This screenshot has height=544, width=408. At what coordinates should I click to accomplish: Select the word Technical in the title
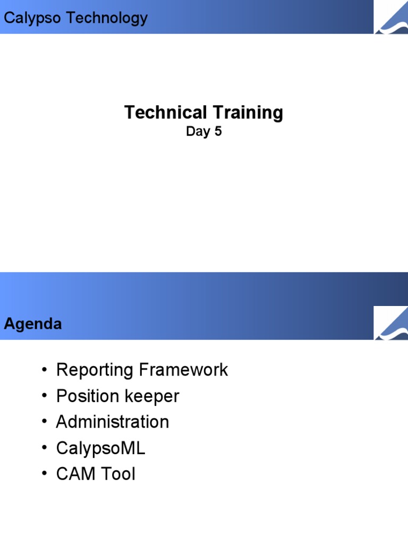166,113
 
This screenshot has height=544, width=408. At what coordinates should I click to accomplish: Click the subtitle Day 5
203,132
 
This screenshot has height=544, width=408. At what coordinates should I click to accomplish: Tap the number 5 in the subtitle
218,132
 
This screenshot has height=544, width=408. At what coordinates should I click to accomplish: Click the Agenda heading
33,324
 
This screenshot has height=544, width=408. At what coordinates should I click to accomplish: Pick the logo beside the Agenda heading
391,324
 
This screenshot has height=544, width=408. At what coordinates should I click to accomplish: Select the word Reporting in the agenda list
95,370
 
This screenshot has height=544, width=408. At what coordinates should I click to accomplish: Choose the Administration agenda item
113,422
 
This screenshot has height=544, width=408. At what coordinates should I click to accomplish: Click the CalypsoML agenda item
100,448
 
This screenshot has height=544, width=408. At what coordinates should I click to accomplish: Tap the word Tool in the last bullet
118,474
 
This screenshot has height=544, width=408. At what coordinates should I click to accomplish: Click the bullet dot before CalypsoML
44,448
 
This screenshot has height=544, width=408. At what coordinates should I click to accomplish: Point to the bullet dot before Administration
44,422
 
